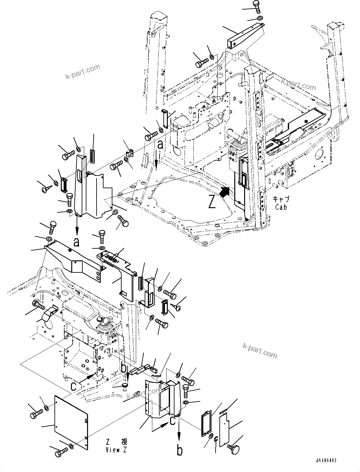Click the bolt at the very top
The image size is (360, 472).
tap(256, 5)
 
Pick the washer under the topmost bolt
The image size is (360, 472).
tap(260, 18)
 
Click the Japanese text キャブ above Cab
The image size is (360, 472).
tap(281, 199)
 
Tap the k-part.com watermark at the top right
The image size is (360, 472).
tap(298, 84)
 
